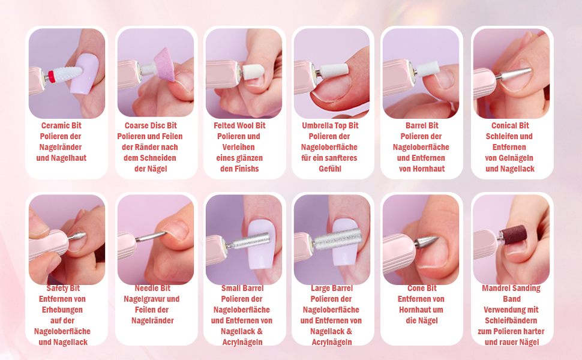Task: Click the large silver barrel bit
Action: tap(337, 239)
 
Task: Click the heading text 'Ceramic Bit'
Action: tap(61, 125)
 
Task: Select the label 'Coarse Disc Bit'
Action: tap(151, 125)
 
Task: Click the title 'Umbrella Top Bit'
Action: tap(330, 125)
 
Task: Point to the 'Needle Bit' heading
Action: tap(152, 288)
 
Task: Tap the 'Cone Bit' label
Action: tap(422, 288)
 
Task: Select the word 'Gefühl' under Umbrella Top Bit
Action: tap(330, 169)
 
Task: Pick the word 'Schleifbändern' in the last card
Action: tap(511, 320)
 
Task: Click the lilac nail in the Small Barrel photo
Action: tap(260, 243)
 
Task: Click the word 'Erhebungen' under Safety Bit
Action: tap(62, 310)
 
